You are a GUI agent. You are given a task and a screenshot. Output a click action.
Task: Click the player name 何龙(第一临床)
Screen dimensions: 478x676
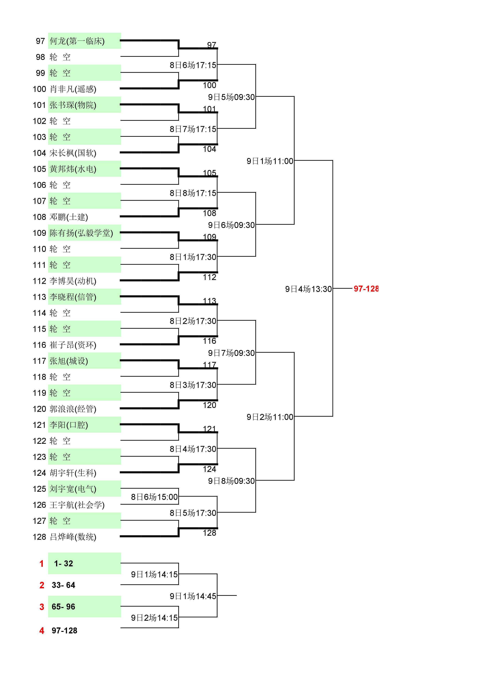[77, 41]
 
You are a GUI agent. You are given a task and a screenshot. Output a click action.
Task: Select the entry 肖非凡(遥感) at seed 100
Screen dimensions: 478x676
[73, 89]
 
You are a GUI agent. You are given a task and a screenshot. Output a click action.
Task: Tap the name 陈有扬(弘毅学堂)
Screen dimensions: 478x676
[81, 233]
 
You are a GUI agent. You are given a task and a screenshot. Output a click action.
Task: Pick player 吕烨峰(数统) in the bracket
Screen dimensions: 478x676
[73, 537]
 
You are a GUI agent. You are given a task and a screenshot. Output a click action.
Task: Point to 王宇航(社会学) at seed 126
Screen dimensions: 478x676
[77, 505]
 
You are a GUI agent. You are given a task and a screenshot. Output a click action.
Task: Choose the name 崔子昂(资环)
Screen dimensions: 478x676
[73, 345]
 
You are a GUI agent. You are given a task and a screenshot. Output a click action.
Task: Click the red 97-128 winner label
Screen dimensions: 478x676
[366, 288]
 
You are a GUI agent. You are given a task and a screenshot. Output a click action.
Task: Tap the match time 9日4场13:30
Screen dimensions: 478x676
[308, 289]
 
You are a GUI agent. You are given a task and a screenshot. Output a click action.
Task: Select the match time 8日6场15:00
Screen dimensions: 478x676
[154, 497]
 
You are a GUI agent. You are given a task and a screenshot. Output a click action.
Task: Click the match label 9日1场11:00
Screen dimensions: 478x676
[270, 161]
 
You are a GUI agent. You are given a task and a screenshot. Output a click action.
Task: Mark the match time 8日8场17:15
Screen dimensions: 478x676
[193, 193]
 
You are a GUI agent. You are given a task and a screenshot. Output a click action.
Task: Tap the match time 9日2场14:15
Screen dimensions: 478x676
[154, 618]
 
